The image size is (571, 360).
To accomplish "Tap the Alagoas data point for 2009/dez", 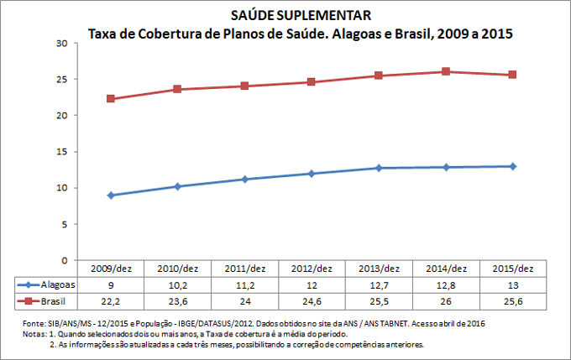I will (110, 196).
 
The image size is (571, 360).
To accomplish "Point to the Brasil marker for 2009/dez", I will (110, 99).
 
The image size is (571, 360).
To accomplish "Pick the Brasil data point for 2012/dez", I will (312, 82).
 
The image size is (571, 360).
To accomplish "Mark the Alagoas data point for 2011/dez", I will (244, 179).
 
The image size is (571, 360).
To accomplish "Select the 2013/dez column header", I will (379, 269).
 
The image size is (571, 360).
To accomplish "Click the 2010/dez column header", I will (177, 269).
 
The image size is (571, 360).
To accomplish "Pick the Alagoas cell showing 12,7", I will (379, 284).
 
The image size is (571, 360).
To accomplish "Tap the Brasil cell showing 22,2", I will (110, 300).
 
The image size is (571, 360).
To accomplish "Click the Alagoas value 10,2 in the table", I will (177, 284).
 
